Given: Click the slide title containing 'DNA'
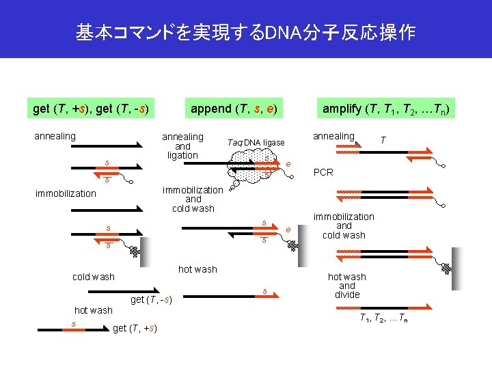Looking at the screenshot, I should [245, 32].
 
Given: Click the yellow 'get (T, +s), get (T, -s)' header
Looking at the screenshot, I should [91, 109].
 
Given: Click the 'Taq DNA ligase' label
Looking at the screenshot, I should [256, 142].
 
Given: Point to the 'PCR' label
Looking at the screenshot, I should [323, 172].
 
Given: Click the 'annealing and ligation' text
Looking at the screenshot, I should [182, 146].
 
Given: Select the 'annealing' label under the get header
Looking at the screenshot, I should [55, 136].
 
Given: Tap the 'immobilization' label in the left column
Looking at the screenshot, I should [66, 193].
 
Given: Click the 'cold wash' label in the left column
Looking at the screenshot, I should [94, 277].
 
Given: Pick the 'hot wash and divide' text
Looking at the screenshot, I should [347, 286].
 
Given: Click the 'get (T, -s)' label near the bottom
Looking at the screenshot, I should [150, 299].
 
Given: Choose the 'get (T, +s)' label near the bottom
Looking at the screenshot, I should [135, 329].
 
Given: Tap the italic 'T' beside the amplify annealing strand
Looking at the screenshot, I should [383, 139].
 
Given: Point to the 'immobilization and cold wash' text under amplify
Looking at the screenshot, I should [344, 225].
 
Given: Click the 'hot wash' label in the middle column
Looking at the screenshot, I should [197, 269].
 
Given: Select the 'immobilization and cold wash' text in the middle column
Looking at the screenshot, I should [193, 199].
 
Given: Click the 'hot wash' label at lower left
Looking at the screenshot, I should [93, 310].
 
